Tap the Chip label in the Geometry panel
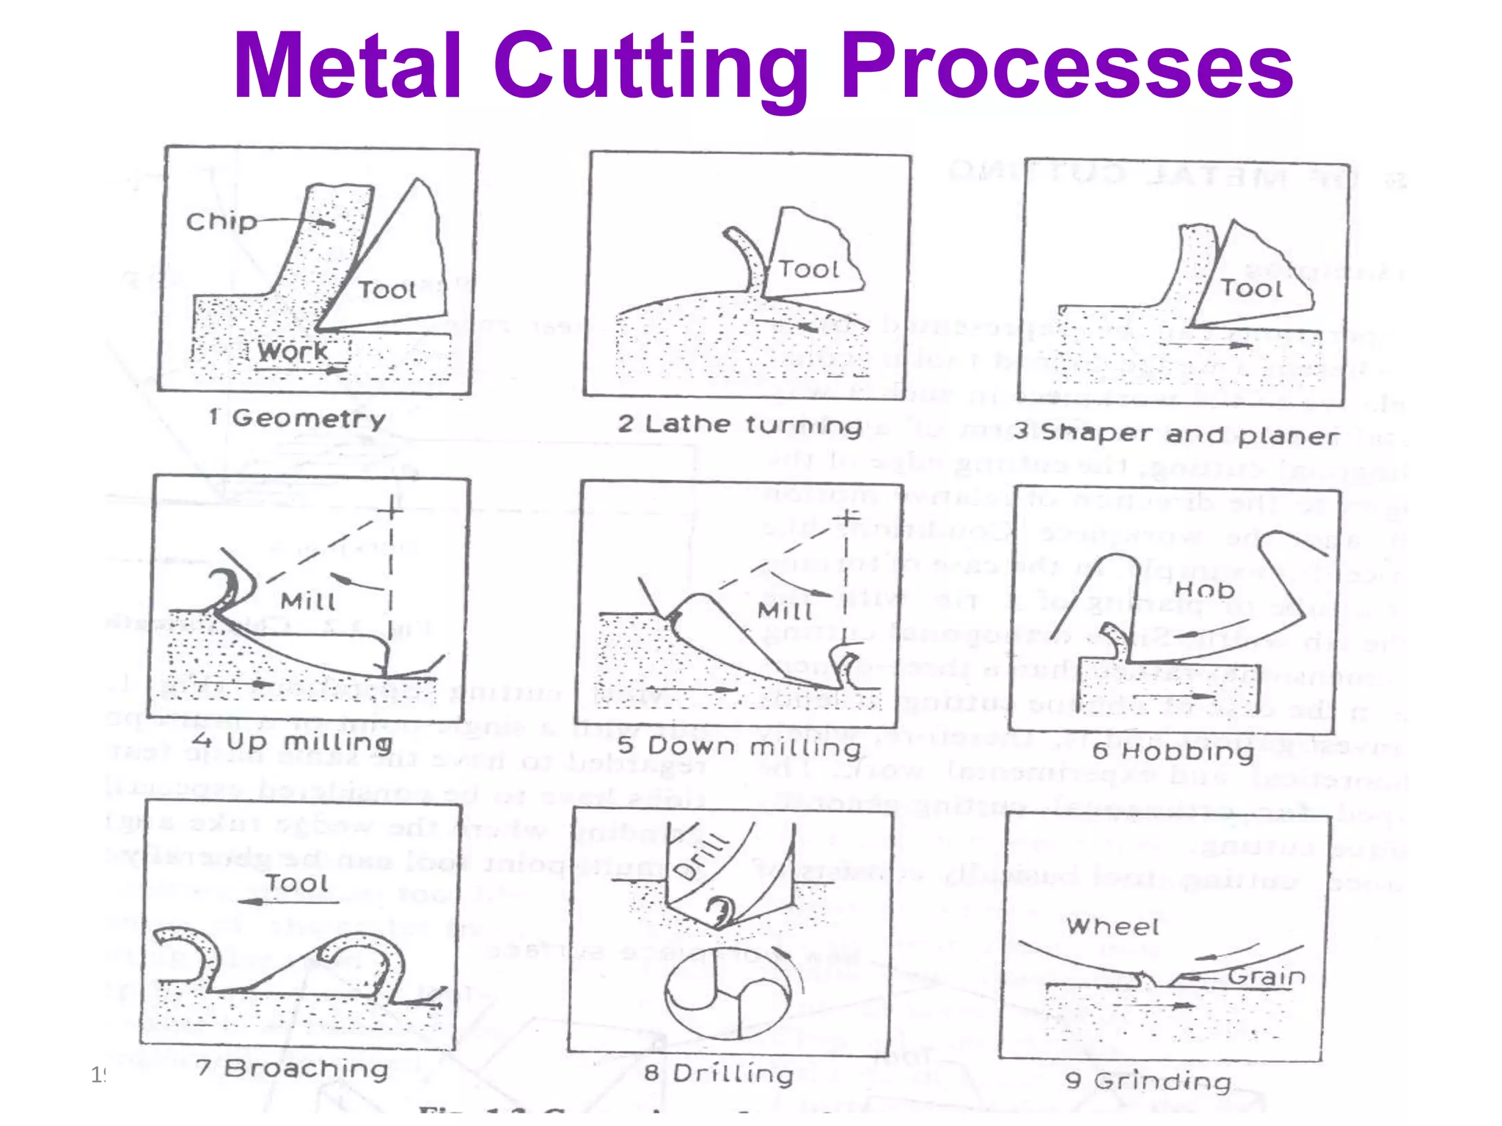tap(221, 221)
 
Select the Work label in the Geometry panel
tap(293, 351)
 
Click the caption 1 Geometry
tap(297, 419)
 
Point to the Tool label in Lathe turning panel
tap(807, 269)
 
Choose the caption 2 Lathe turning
tap(739, 424)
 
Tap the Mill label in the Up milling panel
tap(308, 601)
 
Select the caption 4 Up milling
tap(292, 742)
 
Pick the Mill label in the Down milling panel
tap(785, 611)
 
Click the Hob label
tap(1204, 589)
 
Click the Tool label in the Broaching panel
tap(296, 883)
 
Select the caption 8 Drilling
tap(719, 1074)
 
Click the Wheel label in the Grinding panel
tap(1113, 927)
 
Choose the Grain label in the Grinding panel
tap(1267, 976)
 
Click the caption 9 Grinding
tap(1148, 1081)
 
